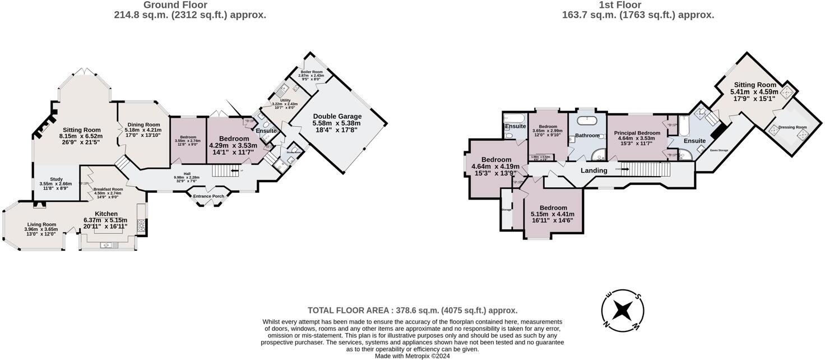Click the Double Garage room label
337,117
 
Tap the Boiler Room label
312,72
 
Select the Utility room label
285,100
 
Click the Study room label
56,179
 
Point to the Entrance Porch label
208,196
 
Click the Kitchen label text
106,214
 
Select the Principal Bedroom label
639,133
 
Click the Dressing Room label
793,127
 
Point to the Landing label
594,170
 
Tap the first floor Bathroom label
587,135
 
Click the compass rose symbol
622,310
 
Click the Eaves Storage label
719,150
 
